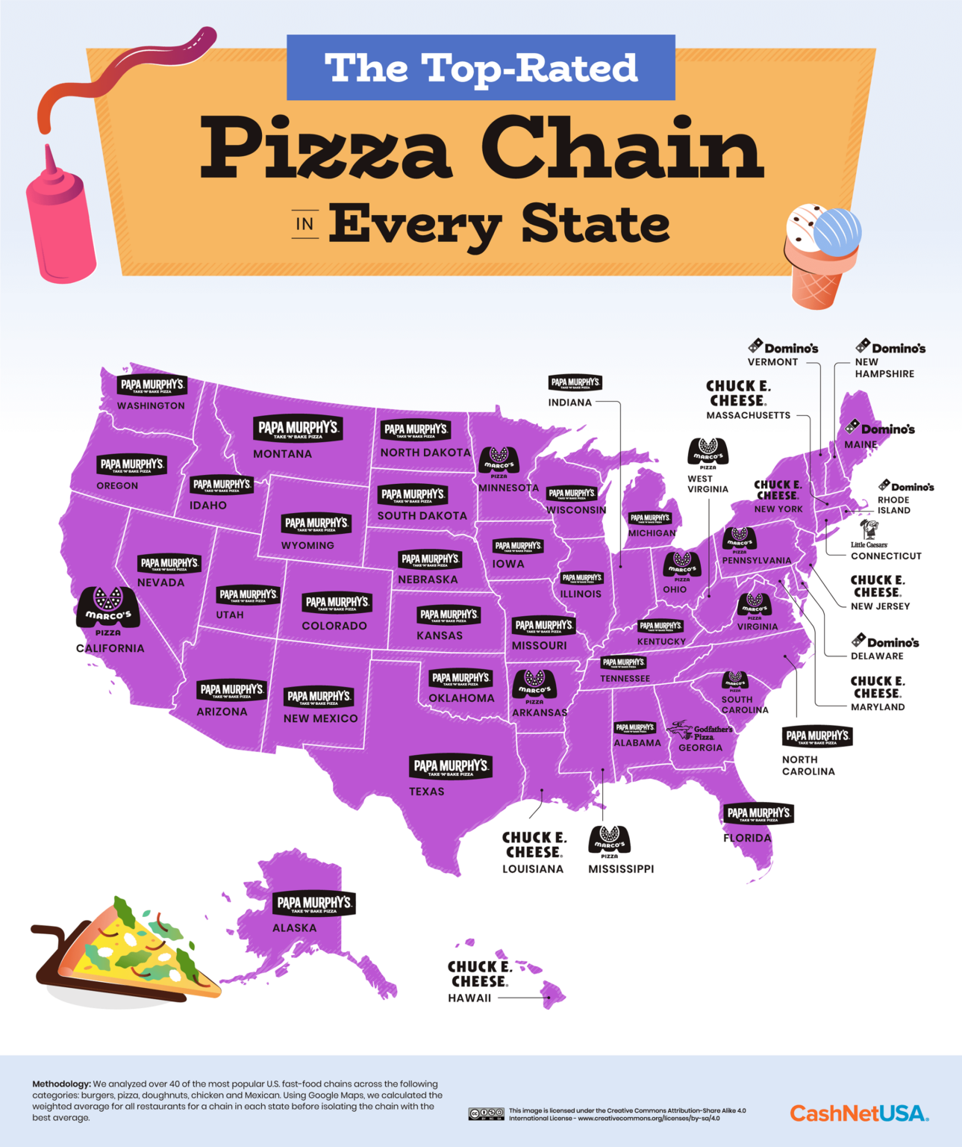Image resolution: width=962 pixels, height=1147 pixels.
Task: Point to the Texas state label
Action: [x=426, y=792]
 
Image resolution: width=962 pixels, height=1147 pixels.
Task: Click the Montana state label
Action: [x=282, y=454]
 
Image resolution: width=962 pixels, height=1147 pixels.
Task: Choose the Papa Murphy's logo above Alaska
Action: [x=313, y=904]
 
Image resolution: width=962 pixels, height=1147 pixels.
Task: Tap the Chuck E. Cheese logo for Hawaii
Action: [x=479, y=974]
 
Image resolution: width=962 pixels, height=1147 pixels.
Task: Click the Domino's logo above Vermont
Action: [x=784, y=347]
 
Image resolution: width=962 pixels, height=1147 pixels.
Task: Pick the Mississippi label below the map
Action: [x=621, y=869]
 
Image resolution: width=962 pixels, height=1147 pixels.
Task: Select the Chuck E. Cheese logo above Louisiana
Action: [x=534, y=845]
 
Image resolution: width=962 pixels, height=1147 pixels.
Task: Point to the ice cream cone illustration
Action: [x=821, y=254]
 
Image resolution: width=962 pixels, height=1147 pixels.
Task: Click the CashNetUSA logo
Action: [x=859, y=1113]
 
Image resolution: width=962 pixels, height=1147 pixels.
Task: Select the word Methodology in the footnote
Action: [x=61, y=1084]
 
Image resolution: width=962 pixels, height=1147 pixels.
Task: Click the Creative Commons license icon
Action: [x=486, y=1114]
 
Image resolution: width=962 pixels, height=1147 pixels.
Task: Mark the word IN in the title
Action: [x=304, y=224]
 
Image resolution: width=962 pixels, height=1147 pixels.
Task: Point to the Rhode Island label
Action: [x=893, y=506]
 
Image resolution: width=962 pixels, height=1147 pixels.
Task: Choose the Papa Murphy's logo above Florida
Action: [x=758, y=813]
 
